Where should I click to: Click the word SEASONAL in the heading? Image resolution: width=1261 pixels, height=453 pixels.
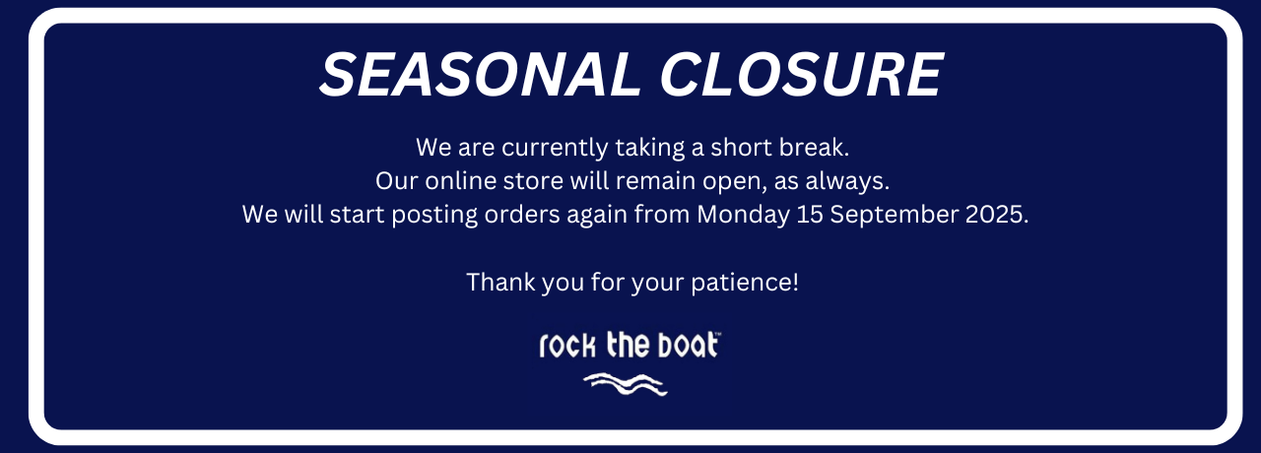click(x=480, y=75)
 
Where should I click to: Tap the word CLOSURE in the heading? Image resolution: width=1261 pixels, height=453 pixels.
click(x=802, y=75)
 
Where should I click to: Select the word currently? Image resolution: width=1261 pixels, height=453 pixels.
click(x=555, y=148)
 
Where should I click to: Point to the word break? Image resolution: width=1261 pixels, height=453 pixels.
click(x=814, y=148)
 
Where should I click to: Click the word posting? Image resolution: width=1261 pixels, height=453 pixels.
click(x=434, y=216)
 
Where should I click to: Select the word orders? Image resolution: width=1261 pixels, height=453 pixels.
click(x=522, y=215)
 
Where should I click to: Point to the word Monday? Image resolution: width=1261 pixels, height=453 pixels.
click(x=743, y=216)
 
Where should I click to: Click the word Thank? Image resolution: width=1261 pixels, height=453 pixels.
click(x=500, y=282)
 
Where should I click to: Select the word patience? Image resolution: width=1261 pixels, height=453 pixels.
click(x=742, y=283)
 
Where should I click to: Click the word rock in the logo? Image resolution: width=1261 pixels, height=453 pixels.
click(x=566, y=345)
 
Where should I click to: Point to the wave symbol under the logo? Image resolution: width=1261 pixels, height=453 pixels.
click(x=626, y=384)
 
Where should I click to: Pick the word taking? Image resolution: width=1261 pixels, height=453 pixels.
click(x=649, y=148)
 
